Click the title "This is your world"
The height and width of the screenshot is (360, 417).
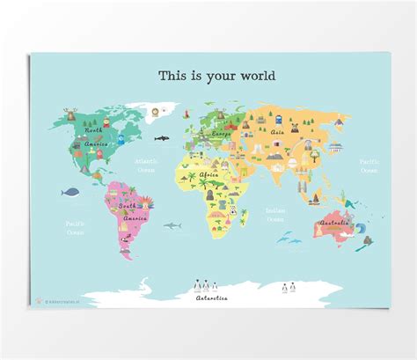pyautogui.click(x=216, y=76)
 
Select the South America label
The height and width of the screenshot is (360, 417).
pyautogui.click(x=133, y=212)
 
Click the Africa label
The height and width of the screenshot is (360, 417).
pyautogui.click(x=209, y=175)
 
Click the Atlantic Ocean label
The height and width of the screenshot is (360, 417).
pyautogui.click(x=147, y=165)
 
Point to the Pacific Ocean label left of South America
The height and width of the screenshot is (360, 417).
pyautogui.click(x=74, y=228)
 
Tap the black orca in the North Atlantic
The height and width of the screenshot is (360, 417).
pyautogui.click(x=162, y=138)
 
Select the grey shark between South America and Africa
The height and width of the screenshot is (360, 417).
pyautogui.click(x=173, y=226)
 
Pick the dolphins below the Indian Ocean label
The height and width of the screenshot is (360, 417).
pyautogui.click(x=283, y=236)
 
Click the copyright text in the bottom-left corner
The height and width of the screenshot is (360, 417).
pyautogui.click(x=57, y=304)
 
